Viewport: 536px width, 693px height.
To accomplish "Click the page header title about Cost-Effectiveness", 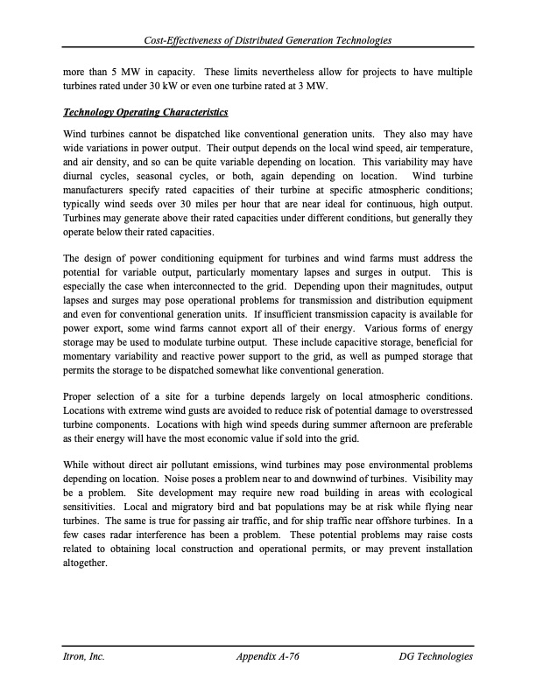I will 268,41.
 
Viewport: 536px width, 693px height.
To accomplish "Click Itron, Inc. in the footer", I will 87,656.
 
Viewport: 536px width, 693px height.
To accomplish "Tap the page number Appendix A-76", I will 268,656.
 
